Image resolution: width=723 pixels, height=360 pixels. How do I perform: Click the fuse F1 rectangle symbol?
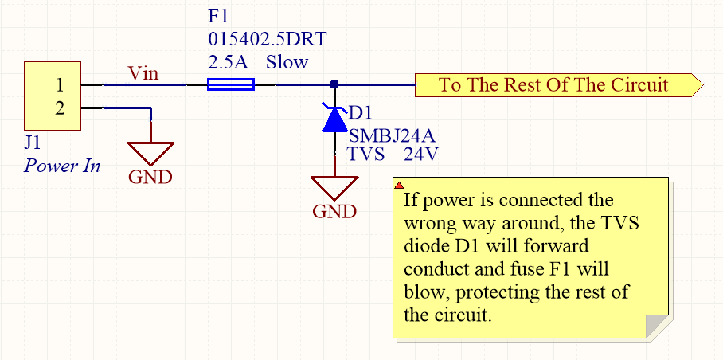pyautogui.click(x=230, y=84)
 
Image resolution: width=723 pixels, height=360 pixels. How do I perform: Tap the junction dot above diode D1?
pyautogui.click(x=334, y=84)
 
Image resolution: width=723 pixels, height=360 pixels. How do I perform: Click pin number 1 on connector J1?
pyautogui.click(x=60, y=84)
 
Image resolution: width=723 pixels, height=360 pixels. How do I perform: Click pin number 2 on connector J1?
pyautogui.click(x=60, y=108)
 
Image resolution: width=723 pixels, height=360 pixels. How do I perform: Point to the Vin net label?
pyautogui.click(x=143, y=74)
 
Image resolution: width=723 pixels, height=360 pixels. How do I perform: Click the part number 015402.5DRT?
pyautogui.click(x=267, y=38)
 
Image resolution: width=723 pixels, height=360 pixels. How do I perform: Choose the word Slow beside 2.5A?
pyautogui.click(x=287, y=61)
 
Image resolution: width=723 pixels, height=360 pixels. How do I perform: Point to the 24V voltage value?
pyautogui.click(x=420, y=155)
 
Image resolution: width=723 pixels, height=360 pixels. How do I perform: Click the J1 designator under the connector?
pyautogui.click(x=34, y=144)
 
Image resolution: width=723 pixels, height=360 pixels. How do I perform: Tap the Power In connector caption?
pyautogui.click(x=62, y=166)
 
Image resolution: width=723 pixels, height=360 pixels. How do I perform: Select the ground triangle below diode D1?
pyautogui.click(x=334, y=188)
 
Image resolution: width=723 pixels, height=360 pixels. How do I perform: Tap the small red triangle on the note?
pyautogui.click(x=399, y=184)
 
